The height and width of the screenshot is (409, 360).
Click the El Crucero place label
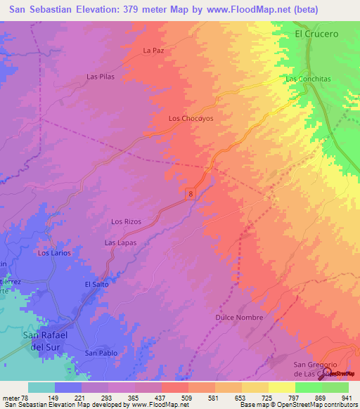pos(316,33)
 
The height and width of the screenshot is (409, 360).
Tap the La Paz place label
pos(153,51)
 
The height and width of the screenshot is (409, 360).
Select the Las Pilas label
pos(100,76)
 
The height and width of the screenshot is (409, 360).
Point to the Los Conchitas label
pos(308,79)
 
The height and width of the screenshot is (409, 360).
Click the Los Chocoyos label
pos(191,119)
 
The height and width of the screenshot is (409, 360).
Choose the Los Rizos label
pos(127,221)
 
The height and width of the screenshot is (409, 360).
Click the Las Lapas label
pos(120,242)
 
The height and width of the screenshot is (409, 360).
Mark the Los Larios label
pos(54,252)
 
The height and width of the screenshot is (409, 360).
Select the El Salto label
pos(96,284)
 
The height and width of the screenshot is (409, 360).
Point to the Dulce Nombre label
pos(239,318)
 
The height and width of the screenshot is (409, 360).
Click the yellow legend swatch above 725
pos(255,387)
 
